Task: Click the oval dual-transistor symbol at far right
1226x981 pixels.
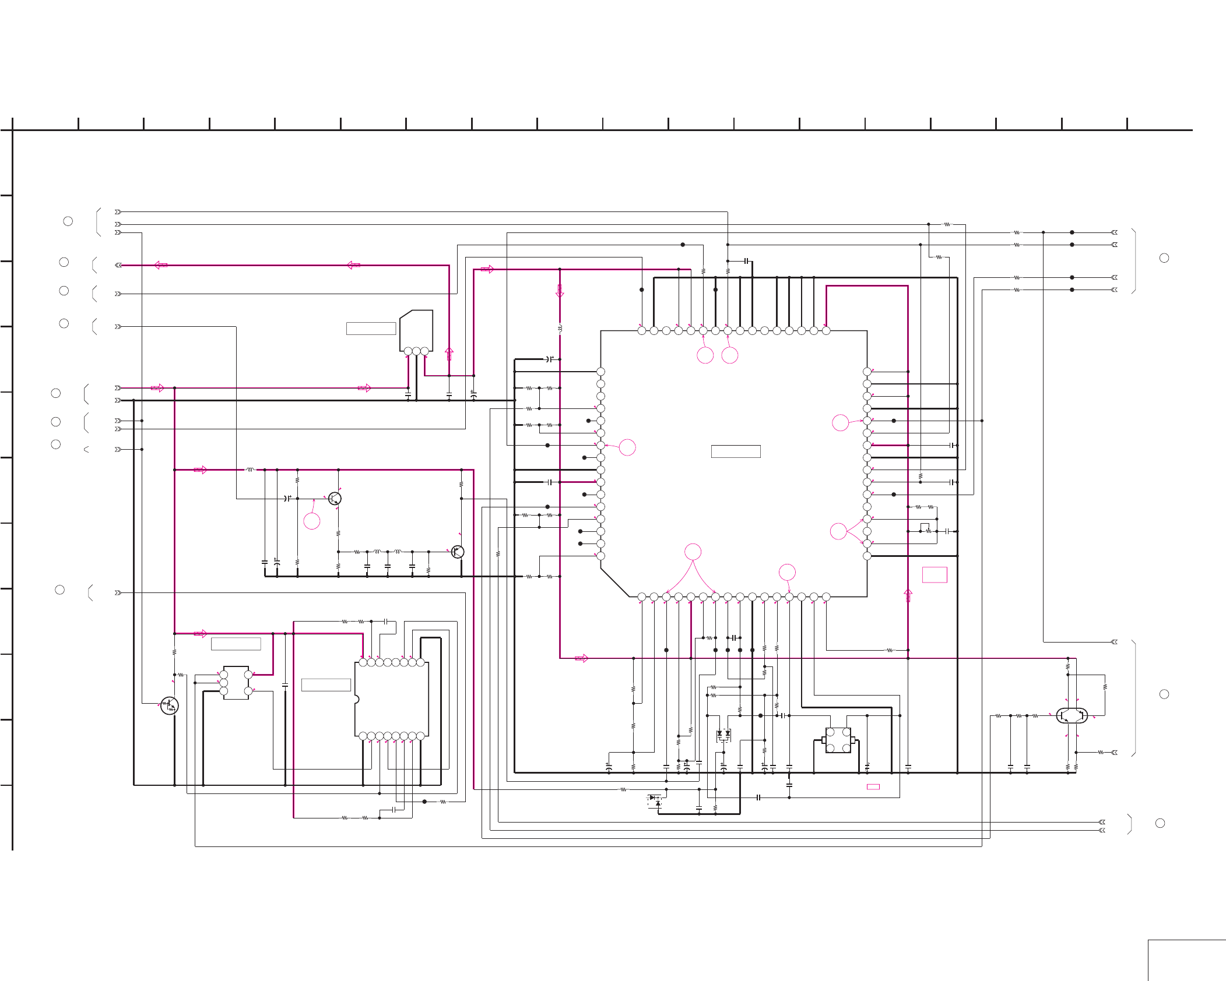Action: pyautogui.click(x=1072, y=715)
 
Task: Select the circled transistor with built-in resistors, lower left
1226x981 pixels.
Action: pyautogui.click(x=169, y=705)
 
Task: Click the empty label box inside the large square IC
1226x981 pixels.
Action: pyautogui.click(x=736, y=451)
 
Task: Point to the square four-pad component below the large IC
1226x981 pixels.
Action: pyautogui.click(x=838, y=740)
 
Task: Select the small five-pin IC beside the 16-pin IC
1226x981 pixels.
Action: pyautogui.click(x=236, y=683)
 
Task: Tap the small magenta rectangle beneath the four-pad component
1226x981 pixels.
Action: pyautogui.click(x=873, y=787)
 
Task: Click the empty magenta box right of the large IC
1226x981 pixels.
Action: pyautogui.click(x=935, y=575)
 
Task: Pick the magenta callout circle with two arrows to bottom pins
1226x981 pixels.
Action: pyautogui.click(x=693, y=552)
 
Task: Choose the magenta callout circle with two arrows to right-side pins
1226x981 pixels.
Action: pyautogui.click(x=838, y=531)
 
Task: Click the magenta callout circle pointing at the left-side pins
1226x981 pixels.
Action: pyautogui.click(x=627, y=447)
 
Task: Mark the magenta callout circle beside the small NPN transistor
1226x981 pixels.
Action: pyautogui.click(x=312, y=521)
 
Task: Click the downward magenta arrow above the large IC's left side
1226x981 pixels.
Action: pyautogui.click(x=560, y=291)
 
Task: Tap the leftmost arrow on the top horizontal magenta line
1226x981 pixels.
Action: pyautogui.click(x=161, y=265)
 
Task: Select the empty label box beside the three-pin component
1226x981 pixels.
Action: pyautogui.click(x=371, y=329)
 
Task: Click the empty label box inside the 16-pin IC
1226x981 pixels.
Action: pyautogui.click(x=326, y=685)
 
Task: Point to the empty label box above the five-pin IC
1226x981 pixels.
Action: pyautogui.click(x=236, y=644)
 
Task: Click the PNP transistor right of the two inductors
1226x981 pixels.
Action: pyautogui.click(x=458, y=552)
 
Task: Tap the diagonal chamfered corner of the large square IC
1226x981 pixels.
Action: pyautogui.click(x=614, y=582)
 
